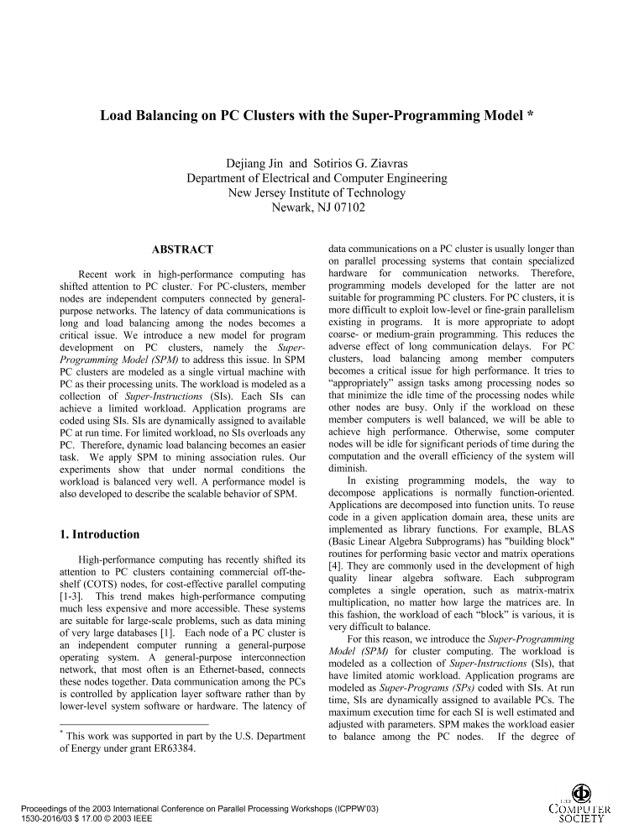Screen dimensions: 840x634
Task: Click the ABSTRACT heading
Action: (x=181, y=249)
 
